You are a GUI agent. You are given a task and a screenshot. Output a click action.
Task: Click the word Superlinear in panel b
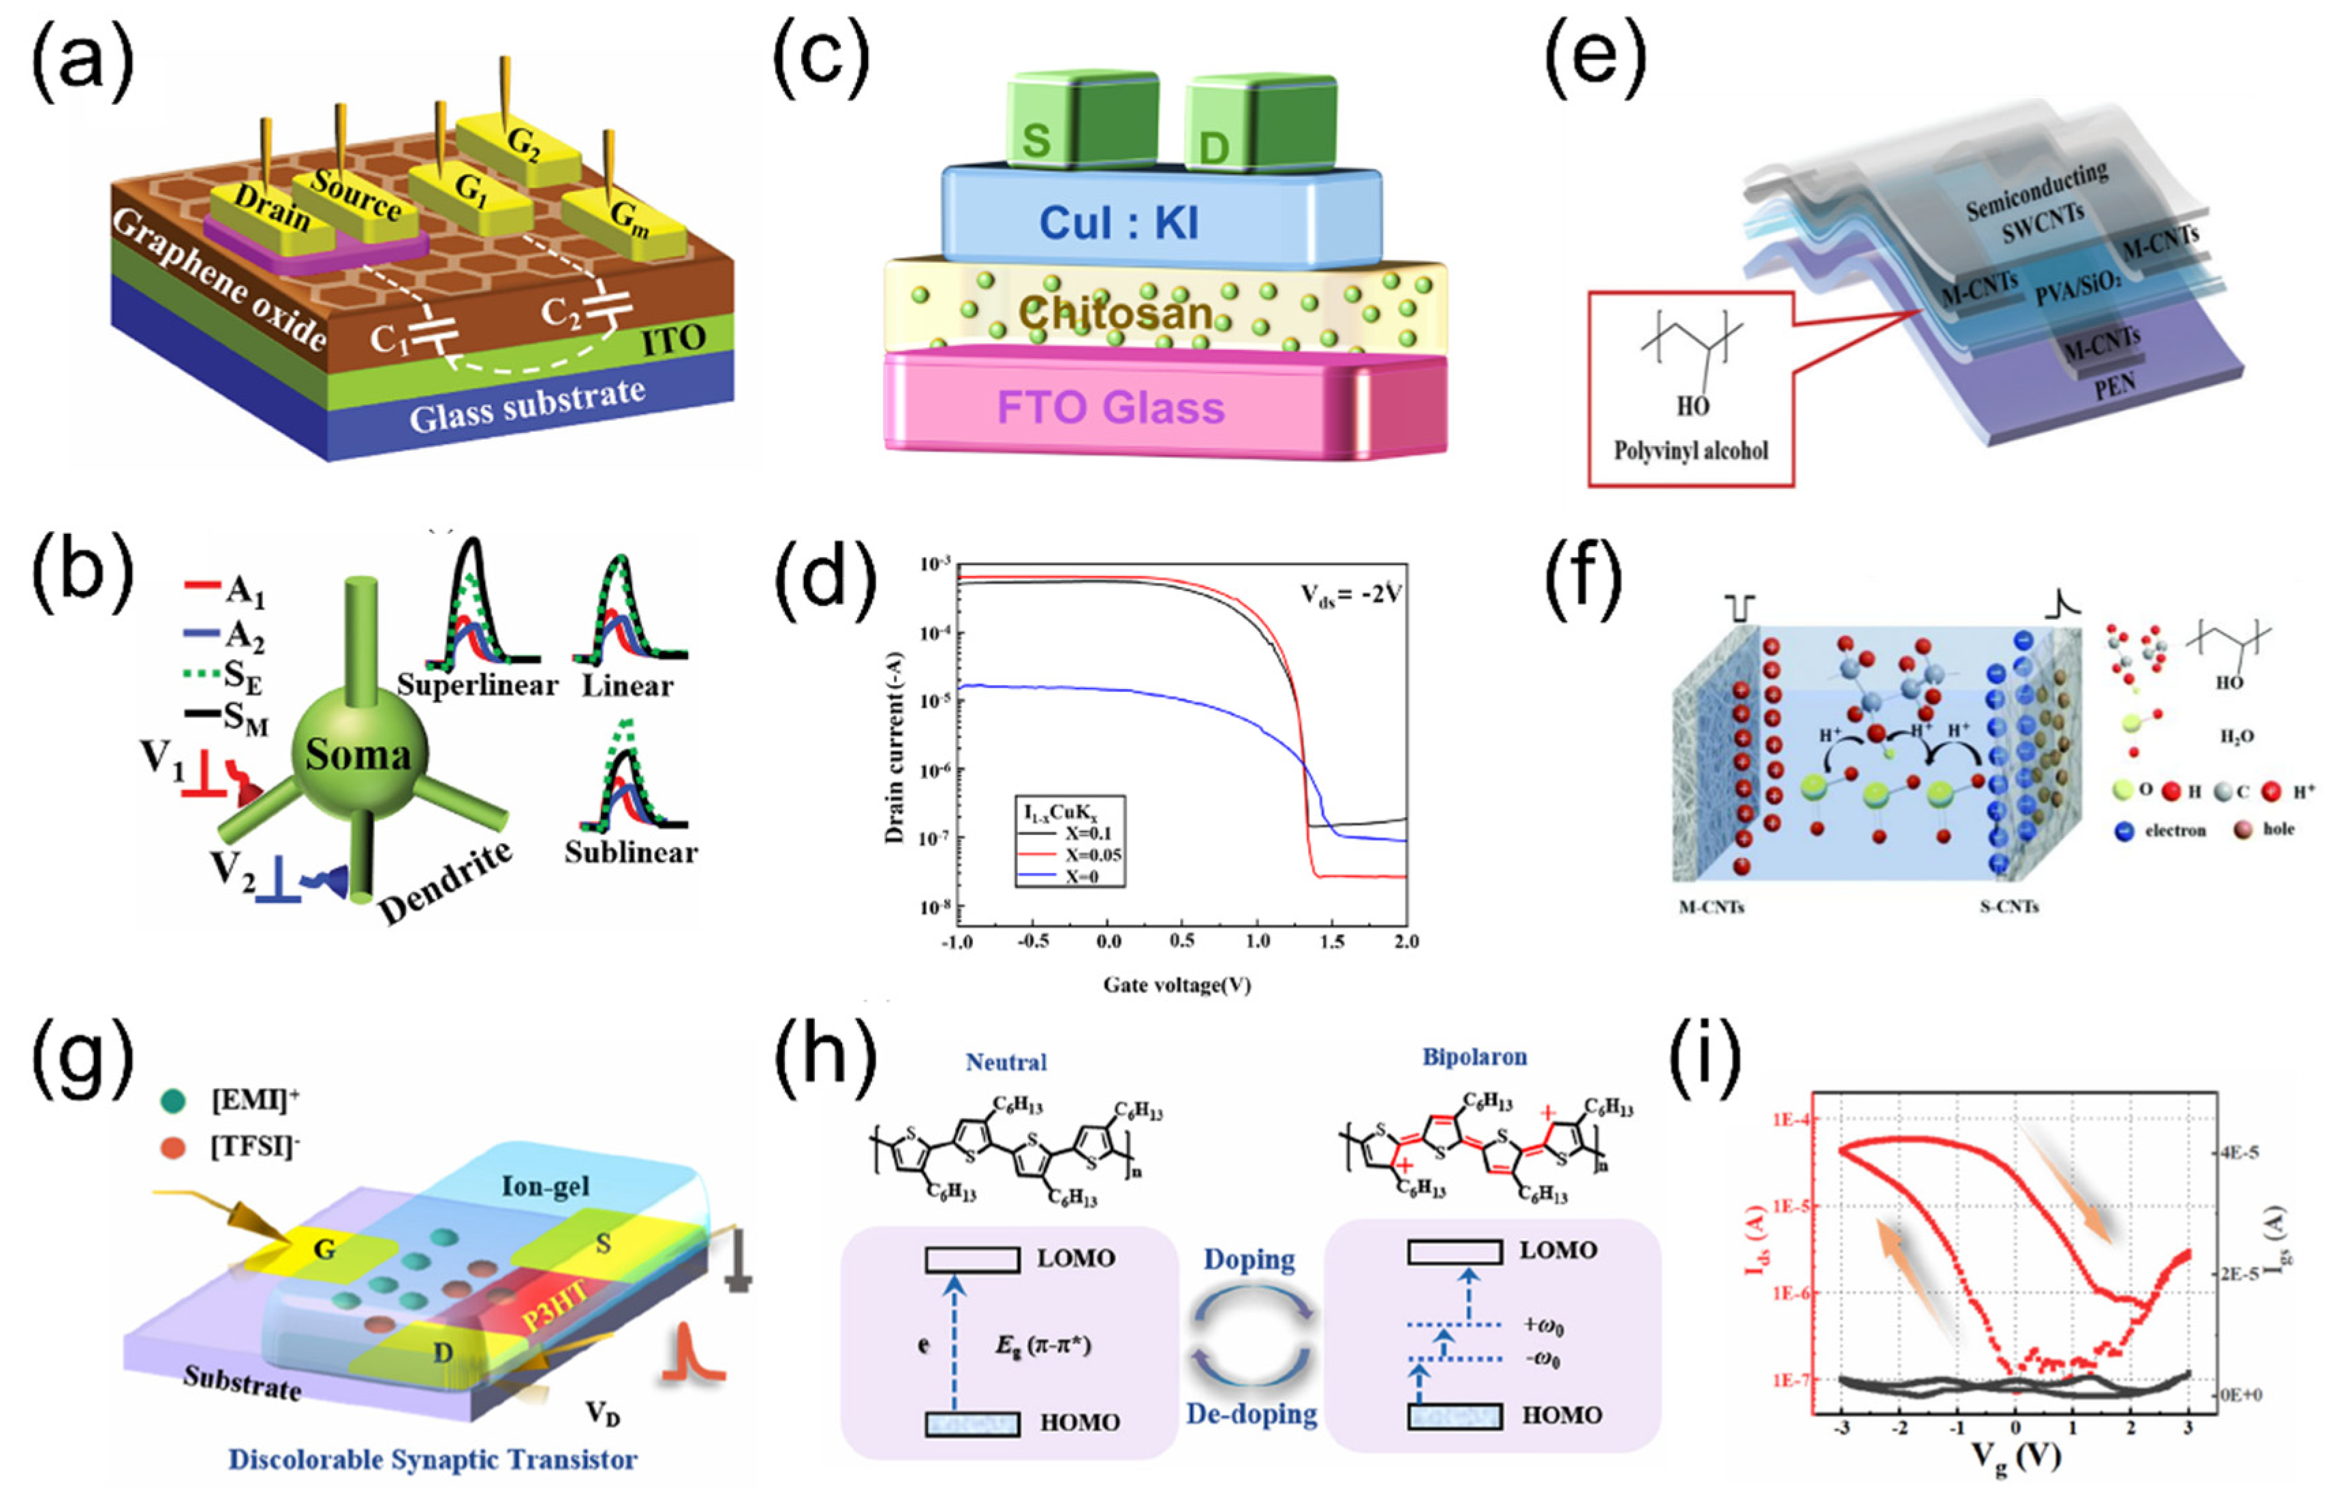tap(476, 685)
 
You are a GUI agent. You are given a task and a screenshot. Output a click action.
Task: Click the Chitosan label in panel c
tap(1115, 313)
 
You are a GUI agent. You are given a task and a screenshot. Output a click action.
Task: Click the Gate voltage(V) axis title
tap(1176, 985)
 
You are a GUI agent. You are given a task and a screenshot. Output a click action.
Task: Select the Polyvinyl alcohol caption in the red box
tap(1690, 450)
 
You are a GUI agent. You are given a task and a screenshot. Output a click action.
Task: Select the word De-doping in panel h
tap(1251, 1414)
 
